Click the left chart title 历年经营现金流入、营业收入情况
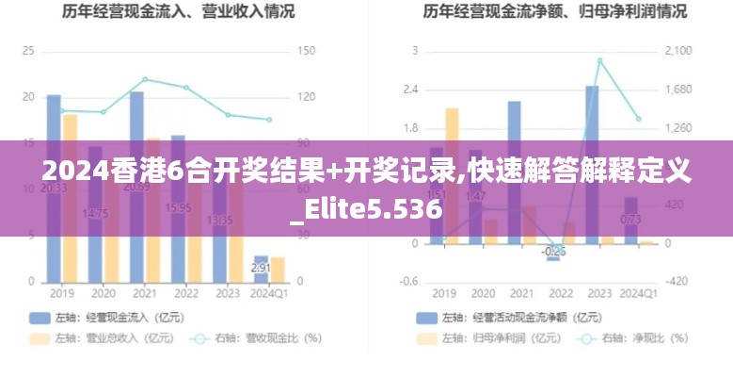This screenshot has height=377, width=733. point(178,12)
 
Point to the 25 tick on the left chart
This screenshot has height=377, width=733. point(28,51)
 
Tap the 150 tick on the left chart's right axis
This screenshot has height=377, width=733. point(308,51)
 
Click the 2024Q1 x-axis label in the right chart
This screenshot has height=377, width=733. point(639,294)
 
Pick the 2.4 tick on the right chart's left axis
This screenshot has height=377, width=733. point(410,90)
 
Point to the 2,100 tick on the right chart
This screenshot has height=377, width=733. point(678,51)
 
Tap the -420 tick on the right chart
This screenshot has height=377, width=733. point(677,282)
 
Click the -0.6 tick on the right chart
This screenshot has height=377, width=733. point(408,282)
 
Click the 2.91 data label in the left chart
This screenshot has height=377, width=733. point(261,268)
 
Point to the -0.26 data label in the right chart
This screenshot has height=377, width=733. point(553,252)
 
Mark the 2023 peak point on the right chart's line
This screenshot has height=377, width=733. point(599,61)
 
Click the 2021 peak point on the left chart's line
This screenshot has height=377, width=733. point(145,79)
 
